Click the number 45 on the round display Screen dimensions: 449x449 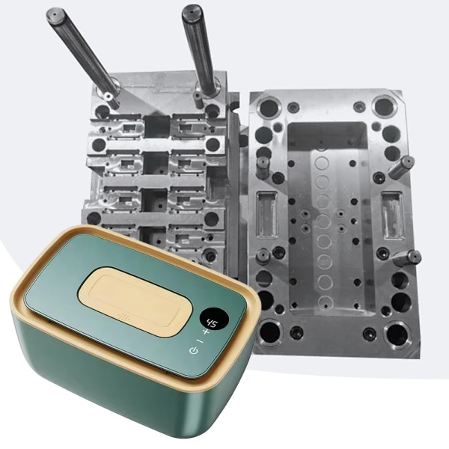(213, 323)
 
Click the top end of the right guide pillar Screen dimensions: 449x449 (192, 11)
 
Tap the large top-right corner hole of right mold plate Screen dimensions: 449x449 (384, 106)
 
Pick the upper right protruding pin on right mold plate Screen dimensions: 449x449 (401, 167)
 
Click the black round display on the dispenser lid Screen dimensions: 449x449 (213, 323)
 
